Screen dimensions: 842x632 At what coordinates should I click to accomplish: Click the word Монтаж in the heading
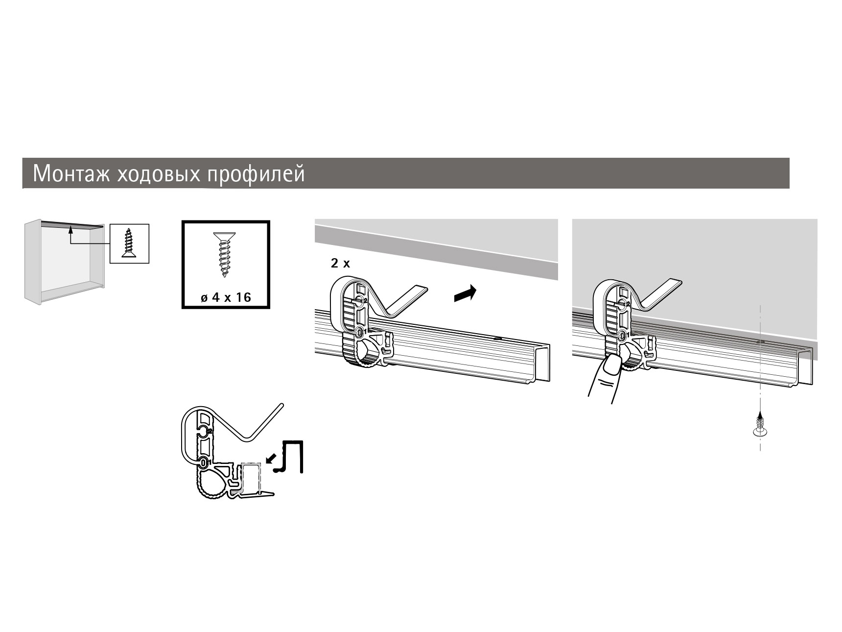tap(72, 173)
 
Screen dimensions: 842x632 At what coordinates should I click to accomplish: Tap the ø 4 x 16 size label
tap(226, 297)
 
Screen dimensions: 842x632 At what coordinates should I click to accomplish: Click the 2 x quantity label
tap(341, 264)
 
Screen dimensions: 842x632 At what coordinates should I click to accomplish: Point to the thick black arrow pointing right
tap(465, 293)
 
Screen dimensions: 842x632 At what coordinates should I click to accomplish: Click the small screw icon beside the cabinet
tap(129, 243)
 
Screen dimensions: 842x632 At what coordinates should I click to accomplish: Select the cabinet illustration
tap(65, 262)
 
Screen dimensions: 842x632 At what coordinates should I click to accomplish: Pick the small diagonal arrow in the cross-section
tap(270, 458)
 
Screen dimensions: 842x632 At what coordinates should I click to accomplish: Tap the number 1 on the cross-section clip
tap(209, 462)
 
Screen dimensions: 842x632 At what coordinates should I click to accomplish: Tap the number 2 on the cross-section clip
tap(209, 431)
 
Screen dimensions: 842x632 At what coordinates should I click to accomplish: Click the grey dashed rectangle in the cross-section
tap(251, 477)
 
